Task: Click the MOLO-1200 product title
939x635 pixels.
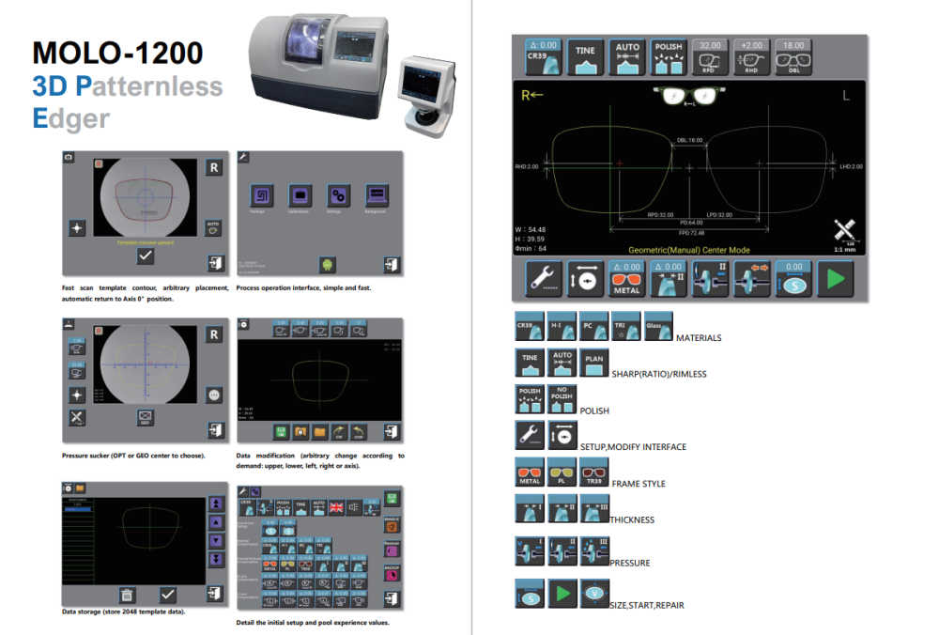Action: pos(116,52)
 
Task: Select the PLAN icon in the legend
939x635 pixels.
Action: pos(594,362)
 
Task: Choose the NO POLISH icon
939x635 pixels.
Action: pos(562,398)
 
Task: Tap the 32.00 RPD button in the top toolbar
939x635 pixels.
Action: pos(710,56)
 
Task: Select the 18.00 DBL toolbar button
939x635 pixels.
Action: pos(793,56)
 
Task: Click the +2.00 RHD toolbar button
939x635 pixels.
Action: pos(752,56)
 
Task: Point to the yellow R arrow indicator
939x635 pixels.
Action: pos(532,95)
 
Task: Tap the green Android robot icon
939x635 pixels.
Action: pos(328,264)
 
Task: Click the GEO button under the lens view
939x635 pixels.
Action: pos(146,416)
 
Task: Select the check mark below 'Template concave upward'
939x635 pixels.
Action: pos(146,256)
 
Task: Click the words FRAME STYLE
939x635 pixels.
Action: pos(639,484)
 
